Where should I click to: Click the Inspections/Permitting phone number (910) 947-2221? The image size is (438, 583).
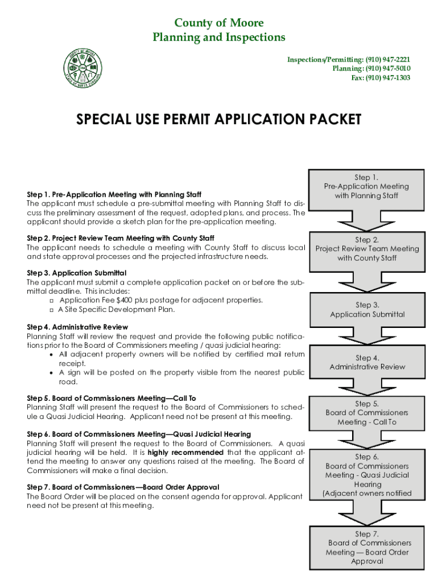point(387,59)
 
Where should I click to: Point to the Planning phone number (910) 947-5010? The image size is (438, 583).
point(387,68)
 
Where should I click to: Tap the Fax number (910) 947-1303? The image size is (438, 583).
point(388,77)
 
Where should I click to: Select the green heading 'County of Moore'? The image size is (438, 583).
point(219,23)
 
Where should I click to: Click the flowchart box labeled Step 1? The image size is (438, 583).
point(366,187)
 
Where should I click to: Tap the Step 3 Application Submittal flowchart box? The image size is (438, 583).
point(367,310)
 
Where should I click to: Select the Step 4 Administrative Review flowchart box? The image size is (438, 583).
point(367,363)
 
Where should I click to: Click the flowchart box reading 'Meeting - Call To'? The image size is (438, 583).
point(367,413)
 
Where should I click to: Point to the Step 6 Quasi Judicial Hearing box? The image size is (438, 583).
point(367,475)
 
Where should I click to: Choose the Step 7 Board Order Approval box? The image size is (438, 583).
point(367,548)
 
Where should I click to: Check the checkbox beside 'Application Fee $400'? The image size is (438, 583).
point(52,300)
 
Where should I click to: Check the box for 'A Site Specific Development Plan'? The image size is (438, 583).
point(52,310)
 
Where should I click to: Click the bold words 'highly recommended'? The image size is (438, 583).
point(185,453)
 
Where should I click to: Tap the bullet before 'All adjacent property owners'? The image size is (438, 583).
point(52,354)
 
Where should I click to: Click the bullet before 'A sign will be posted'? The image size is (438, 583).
point(52,372)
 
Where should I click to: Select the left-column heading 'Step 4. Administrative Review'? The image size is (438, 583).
point(77,327)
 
